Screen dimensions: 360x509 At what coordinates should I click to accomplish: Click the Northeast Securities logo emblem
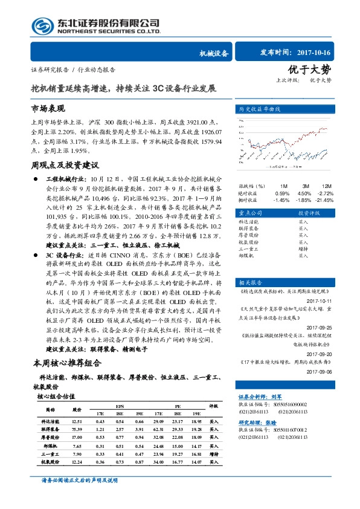click(x=42, y=25)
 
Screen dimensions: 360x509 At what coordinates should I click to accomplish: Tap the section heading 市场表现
click(x=47, y=109)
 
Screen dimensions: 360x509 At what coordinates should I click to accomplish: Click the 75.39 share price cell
click(x=77, y=428)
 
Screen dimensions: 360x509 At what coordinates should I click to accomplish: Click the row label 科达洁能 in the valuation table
click(x=49, y=420)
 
